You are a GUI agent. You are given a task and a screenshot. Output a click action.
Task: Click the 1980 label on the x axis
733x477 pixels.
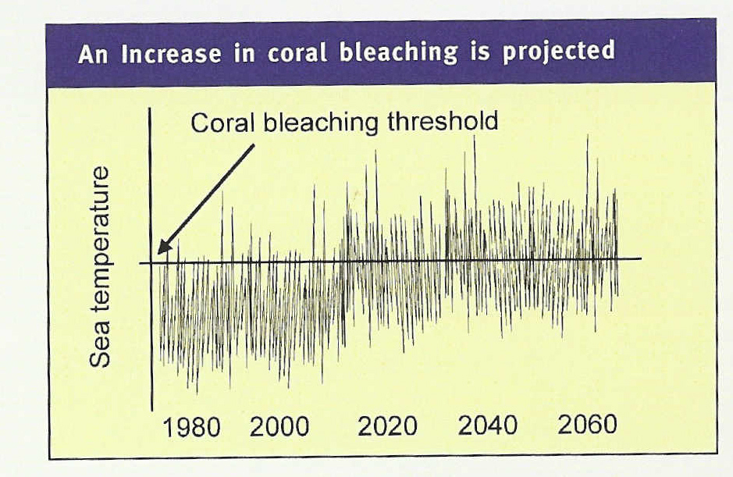pyautogui.click(x=191, y=428)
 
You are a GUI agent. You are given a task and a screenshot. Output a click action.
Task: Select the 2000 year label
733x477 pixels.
pyautogui.click(x=279, y=426)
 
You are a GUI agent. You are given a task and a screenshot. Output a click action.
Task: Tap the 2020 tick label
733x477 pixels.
pyautogui.click(x=387, y=426)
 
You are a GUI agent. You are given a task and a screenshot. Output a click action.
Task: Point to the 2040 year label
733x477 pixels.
pyautogui.click(x=488, y=425)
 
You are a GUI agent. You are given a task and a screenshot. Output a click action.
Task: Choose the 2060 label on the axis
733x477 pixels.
pyautogui.click(x=588, y=425)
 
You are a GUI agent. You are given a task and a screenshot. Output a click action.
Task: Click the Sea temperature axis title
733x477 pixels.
pyautogui.click(x=100, y=266)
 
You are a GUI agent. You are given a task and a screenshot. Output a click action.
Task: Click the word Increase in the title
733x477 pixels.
pyautogui.click(x=171, y=53)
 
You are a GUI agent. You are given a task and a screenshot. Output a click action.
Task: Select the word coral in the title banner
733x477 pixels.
pyautogui.click(x=297, y=53)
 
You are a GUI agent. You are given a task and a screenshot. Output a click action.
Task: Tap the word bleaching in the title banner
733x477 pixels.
pyautogui.click(x=399, y=52)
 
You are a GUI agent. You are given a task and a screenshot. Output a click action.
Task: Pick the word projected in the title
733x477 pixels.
pyautogui.click(x=559, y=51)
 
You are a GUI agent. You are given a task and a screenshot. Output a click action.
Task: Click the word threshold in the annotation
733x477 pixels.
pyautogui.click(x=443, y=121)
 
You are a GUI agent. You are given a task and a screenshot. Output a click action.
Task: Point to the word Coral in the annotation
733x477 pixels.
pyautogui.click(x=222, y=123)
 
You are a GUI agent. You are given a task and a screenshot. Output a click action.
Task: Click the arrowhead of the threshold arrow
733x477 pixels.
pyautogui.click(x=163, y=247)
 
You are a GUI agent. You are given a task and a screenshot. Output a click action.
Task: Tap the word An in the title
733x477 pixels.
pyautogui.click(x=94, y=54)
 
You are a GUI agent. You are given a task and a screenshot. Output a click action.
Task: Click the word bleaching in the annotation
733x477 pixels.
pyautogui.click(x=321, y=123)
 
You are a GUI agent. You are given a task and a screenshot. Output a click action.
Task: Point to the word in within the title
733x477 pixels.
pyautogui.click(x=244, y=53)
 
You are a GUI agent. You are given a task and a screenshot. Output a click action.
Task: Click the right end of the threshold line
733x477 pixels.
pyautogui.click(x=641, y=258)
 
